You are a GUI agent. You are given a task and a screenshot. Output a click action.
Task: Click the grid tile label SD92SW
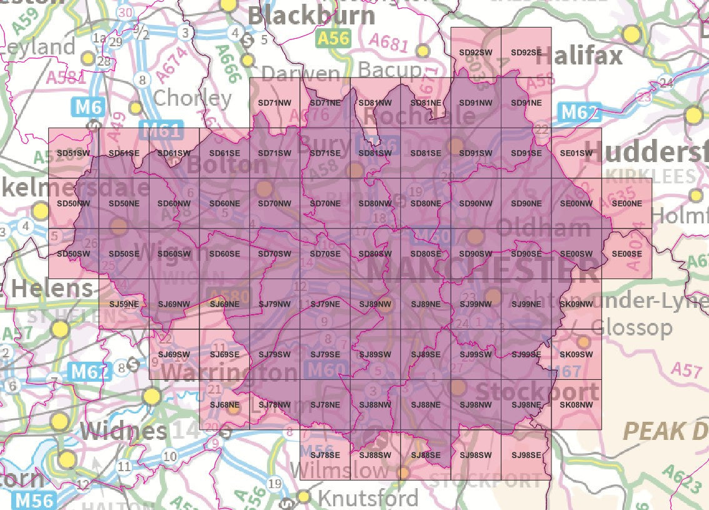(x=475, y=53)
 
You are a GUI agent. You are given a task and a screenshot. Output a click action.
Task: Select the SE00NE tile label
(x=626, y=203)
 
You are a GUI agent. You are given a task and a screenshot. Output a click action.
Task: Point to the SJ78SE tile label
(x=325, y=455)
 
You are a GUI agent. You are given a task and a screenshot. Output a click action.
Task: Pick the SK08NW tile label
(x=576, y=405)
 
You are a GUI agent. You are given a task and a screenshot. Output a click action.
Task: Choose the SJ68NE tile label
(x=224, y=405)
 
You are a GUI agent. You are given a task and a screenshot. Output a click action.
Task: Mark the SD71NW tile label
(x=274, y=103)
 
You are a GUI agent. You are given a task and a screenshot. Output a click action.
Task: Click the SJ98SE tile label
(x=526, y=455)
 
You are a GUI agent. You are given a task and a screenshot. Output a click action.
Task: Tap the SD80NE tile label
(x=425, y=203)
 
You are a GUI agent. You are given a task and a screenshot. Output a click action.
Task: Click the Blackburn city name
(x=311, y=16)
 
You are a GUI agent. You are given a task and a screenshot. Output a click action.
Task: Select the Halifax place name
(x=579, y=56)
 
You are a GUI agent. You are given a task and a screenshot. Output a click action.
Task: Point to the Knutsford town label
(x=368, y=498)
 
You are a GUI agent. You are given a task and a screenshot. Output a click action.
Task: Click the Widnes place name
(x=124, y=431)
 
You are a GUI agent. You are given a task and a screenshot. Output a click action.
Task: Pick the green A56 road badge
(x=333, y=39)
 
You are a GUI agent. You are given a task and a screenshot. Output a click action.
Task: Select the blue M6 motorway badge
(x=88, y=108)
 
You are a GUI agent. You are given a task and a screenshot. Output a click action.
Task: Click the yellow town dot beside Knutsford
(x=304, y=497)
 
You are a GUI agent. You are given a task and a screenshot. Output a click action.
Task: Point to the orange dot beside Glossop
(x=583, y=342)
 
